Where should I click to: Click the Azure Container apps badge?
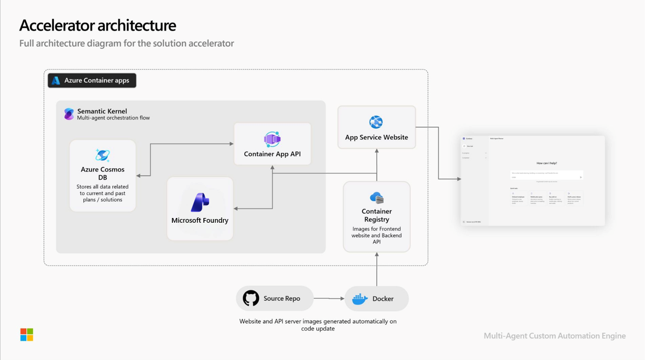point(92,80)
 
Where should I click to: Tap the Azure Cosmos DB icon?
point(102,155)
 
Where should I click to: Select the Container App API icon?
point(272,139)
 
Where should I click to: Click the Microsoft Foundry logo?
point(200,202)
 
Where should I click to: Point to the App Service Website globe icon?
point(376,122)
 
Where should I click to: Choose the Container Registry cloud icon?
point(376,198)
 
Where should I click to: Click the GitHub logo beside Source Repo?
point(251,298)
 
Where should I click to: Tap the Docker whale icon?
point(359,299)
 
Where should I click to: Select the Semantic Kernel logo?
point(69,114)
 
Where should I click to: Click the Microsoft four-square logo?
point(27,334)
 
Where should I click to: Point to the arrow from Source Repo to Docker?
point(329,299)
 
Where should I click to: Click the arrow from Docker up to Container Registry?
point(377,269)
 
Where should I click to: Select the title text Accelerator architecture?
point(97,25)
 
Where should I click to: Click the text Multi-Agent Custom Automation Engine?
point(554,336)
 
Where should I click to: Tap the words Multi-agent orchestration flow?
point(113,118)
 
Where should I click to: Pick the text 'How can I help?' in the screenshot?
point(546,163)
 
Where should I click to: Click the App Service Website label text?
point(376,137)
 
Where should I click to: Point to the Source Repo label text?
point(281,299)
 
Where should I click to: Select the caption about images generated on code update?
point(318,325)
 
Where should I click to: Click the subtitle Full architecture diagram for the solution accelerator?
point(126,43)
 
